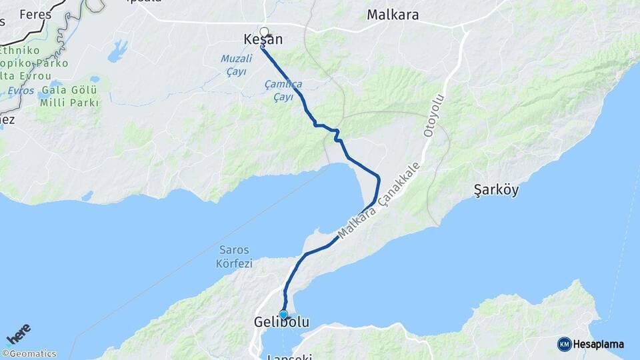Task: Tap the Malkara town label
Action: [393, 15]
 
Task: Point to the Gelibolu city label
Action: [281, 323]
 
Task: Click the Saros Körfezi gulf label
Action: [234, 257]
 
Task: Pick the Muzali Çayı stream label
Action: [233, 65]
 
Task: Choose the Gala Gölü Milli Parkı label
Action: [69, 96]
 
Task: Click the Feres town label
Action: [35, 14]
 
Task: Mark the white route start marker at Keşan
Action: [264, 31]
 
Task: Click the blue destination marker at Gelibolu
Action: [283, 315]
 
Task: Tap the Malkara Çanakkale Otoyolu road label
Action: [379, 200]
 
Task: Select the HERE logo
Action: [19, 334]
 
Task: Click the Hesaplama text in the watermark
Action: [599, 344]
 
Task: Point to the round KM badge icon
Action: [565, 344]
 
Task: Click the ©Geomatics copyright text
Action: [29, 354]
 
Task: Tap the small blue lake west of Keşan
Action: [117, 51]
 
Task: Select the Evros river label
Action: [21, 90]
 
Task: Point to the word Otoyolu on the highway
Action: [434, 116]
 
